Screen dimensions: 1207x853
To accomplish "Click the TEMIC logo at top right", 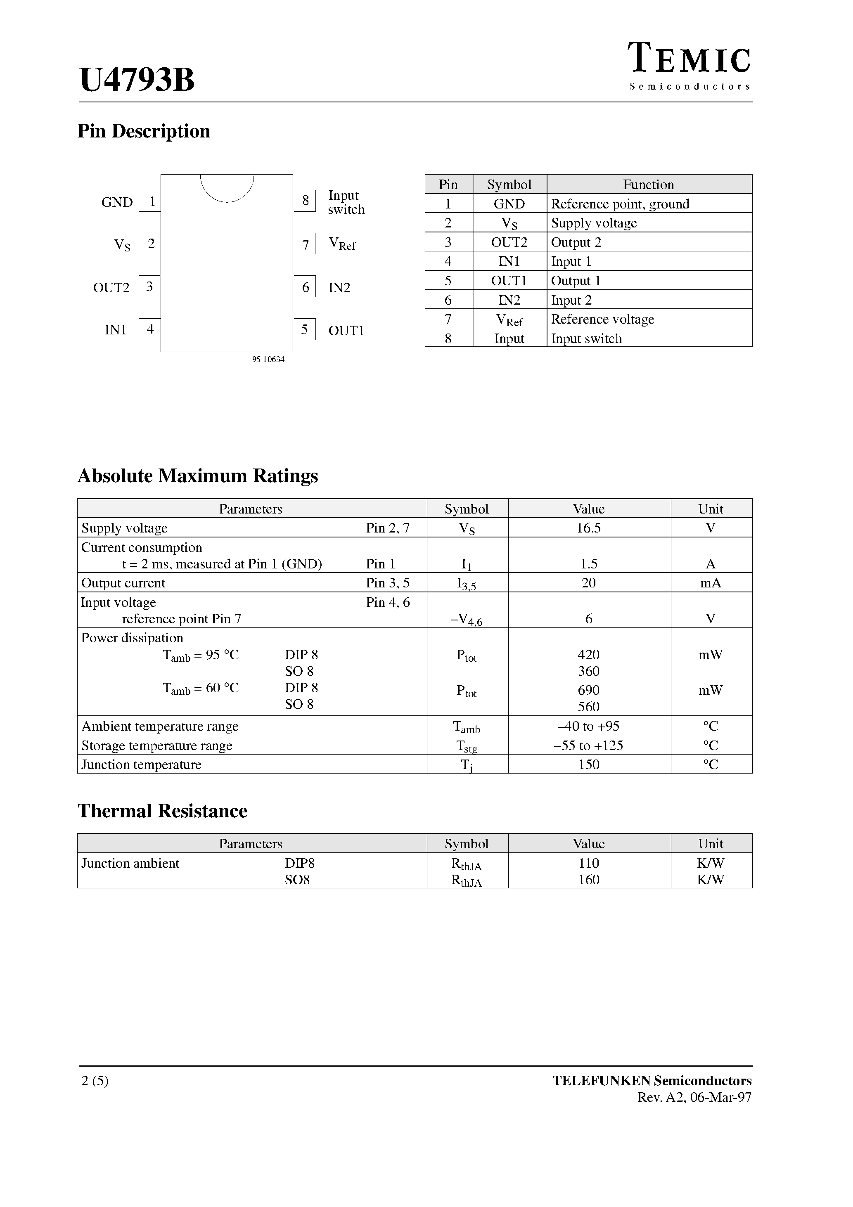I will tap(689, 66).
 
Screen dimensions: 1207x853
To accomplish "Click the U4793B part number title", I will tap(137, 80).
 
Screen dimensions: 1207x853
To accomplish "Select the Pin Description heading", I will tap(144, 131).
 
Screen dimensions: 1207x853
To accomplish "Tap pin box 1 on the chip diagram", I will tap(150, 201).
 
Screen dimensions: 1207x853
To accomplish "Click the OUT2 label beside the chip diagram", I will tap(111, 288).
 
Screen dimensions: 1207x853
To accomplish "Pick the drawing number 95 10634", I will tap(268, 360).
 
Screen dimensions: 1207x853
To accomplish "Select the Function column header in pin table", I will tap(649, 185).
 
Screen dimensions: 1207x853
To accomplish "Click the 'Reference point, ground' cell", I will tap(620, 204).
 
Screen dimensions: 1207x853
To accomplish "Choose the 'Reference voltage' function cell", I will tap(603, 319).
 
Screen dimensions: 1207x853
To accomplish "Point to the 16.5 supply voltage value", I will tap(588, 528).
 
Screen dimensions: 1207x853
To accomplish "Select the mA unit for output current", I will tap(711, 583).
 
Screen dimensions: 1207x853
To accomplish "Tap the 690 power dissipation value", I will tap(588, 690).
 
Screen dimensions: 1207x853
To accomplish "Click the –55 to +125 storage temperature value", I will tap(588, 745).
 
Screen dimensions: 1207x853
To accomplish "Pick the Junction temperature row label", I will tap(142, 764).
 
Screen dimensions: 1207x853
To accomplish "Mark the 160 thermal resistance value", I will tap(588, 880).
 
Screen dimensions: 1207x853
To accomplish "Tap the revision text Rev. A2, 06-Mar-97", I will tap(694, 1097).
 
